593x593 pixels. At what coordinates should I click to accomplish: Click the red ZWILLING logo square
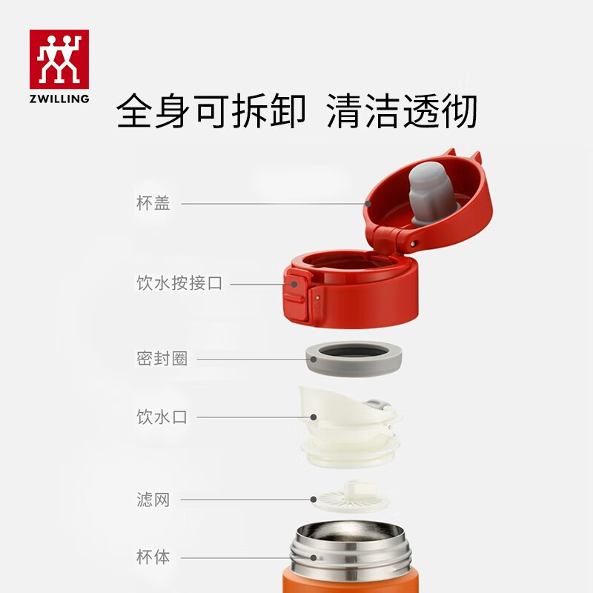[59, 59]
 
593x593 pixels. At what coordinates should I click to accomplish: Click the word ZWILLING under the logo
[59, 98]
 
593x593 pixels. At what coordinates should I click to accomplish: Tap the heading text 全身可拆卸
[211, 112]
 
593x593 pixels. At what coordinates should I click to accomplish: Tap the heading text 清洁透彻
[402, 112]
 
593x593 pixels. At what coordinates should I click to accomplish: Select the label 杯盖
[153, 203]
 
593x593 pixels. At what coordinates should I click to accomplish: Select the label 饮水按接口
[179, 283]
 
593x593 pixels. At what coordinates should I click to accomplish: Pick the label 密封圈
[162, 359]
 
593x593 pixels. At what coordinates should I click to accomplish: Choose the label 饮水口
[162, 417]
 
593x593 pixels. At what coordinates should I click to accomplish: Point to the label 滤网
[153, 500]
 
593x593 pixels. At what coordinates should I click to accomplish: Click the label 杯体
[153, 557]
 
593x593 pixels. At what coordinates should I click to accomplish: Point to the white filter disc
[350, 498]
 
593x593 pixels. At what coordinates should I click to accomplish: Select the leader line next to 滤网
[245, 500]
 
